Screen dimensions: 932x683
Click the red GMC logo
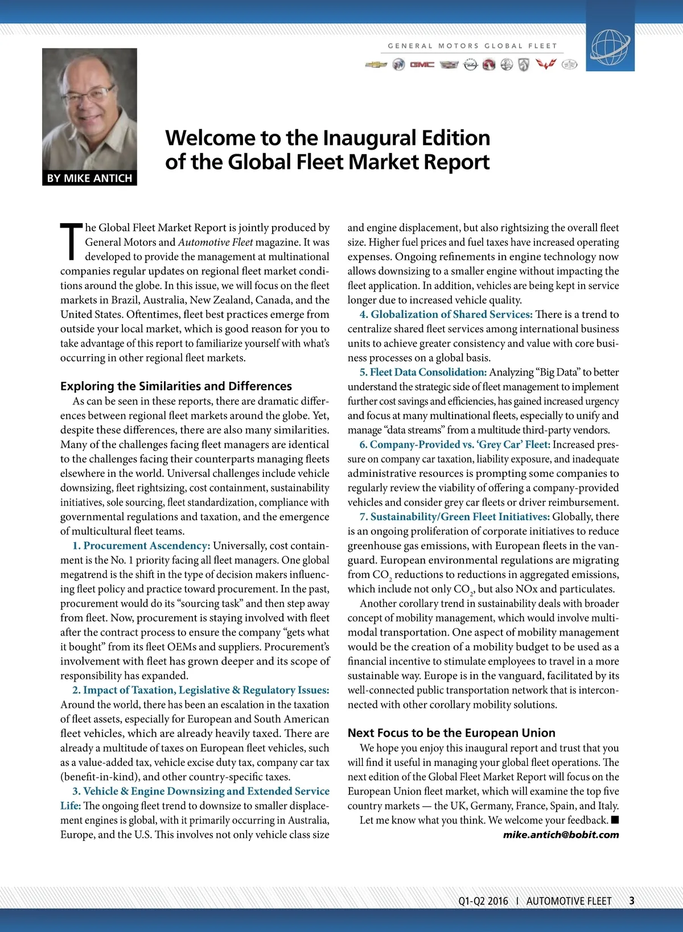pos(422,65)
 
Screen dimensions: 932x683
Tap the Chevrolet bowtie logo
pos(376,65)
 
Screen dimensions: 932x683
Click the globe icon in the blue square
pos(610,47)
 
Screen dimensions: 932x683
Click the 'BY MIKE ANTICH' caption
pos(89,178)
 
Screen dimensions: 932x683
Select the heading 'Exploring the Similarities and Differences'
pos(176,386)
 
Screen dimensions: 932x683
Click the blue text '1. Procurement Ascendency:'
pos(141,546)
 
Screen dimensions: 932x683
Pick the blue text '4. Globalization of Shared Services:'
pos(446,314)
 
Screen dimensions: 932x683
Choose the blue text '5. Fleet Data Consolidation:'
pos(423,372)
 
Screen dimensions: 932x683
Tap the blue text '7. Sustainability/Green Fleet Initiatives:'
pos(454,517)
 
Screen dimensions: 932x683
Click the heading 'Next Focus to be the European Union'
pos(451,733)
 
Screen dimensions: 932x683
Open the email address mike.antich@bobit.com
pos(561,835)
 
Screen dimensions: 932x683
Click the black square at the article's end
pos(615,820)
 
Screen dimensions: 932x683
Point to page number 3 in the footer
pos(632,901)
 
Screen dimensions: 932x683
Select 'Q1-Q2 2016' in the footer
pos(483,901)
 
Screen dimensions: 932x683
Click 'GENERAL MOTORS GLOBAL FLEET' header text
pos(472,46)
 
